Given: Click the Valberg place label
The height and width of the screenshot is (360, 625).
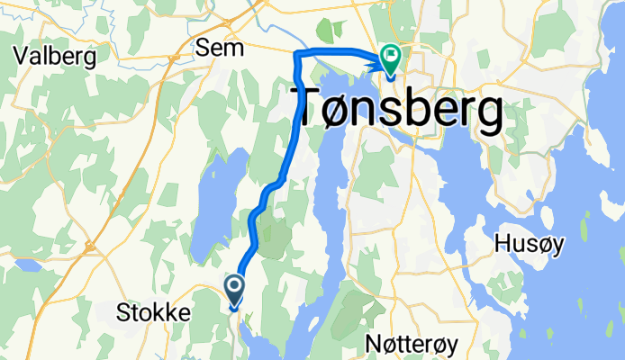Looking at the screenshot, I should pos(56,56).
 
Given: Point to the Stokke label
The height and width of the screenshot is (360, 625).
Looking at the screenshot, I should pos(154,312).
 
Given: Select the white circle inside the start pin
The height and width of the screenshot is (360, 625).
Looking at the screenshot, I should pos(234,287).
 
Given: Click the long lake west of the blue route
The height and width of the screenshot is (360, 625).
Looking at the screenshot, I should pos(216,193).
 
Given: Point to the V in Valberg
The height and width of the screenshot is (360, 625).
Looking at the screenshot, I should pos(21,56).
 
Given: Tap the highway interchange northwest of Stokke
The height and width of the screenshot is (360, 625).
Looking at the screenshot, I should pos(90,245).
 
